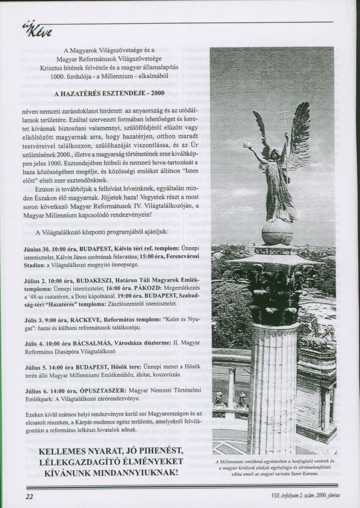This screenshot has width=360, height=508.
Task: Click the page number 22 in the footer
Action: pyautogui.click(x=29, y=495)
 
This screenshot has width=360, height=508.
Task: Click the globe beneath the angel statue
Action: pyautogui.click(x=277, y=231)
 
